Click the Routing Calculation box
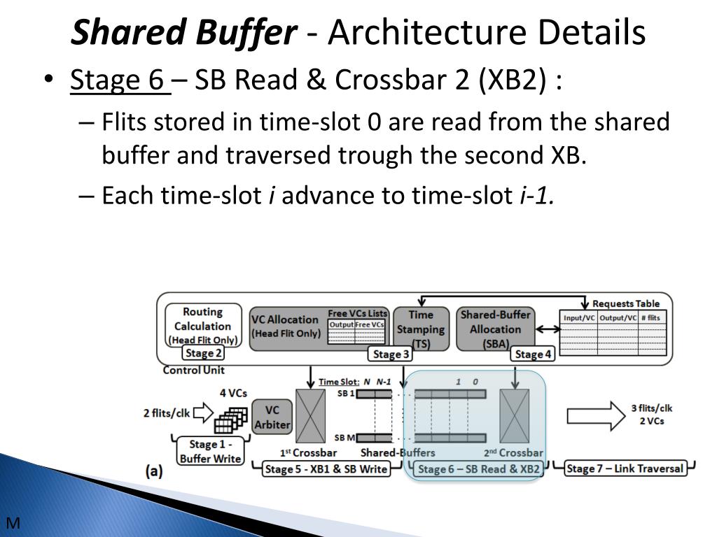point(202,325)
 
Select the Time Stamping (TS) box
point(420,328)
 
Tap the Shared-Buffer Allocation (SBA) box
point(495,328)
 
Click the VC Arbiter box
point(272,417)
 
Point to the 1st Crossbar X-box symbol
point(311,416)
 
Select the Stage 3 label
point(391,355)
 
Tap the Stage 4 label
point(533,355)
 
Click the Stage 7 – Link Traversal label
point(624,468)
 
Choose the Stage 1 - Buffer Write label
point(209,451)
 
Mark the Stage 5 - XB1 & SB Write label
point(326,469)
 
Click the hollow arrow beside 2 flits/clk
point(202,413)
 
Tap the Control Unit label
point(193,370)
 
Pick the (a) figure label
point(154,472)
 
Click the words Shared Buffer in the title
point(185,33)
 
